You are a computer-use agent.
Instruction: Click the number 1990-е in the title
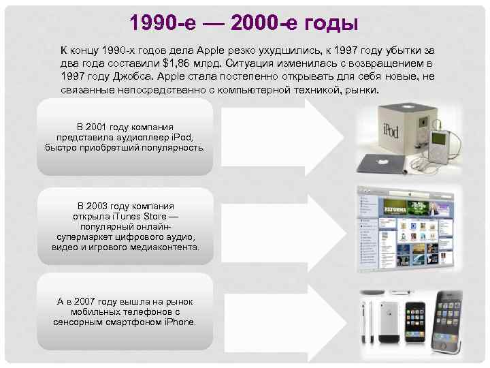163,22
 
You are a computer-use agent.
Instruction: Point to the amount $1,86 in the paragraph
176,63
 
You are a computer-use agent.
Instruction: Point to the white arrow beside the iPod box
283,137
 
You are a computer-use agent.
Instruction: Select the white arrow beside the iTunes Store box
284,233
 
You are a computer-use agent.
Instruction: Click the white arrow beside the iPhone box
285,323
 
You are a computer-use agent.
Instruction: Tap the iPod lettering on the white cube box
391,129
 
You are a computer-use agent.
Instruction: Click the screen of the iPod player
440,138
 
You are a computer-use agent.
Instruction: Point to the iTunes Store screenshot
406,229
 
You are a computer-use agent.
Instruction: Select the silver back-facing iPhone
389,322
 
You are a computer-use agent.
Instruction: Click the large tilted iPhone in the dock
448,322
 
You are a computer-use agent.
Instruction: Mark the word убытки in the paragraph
403,50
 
